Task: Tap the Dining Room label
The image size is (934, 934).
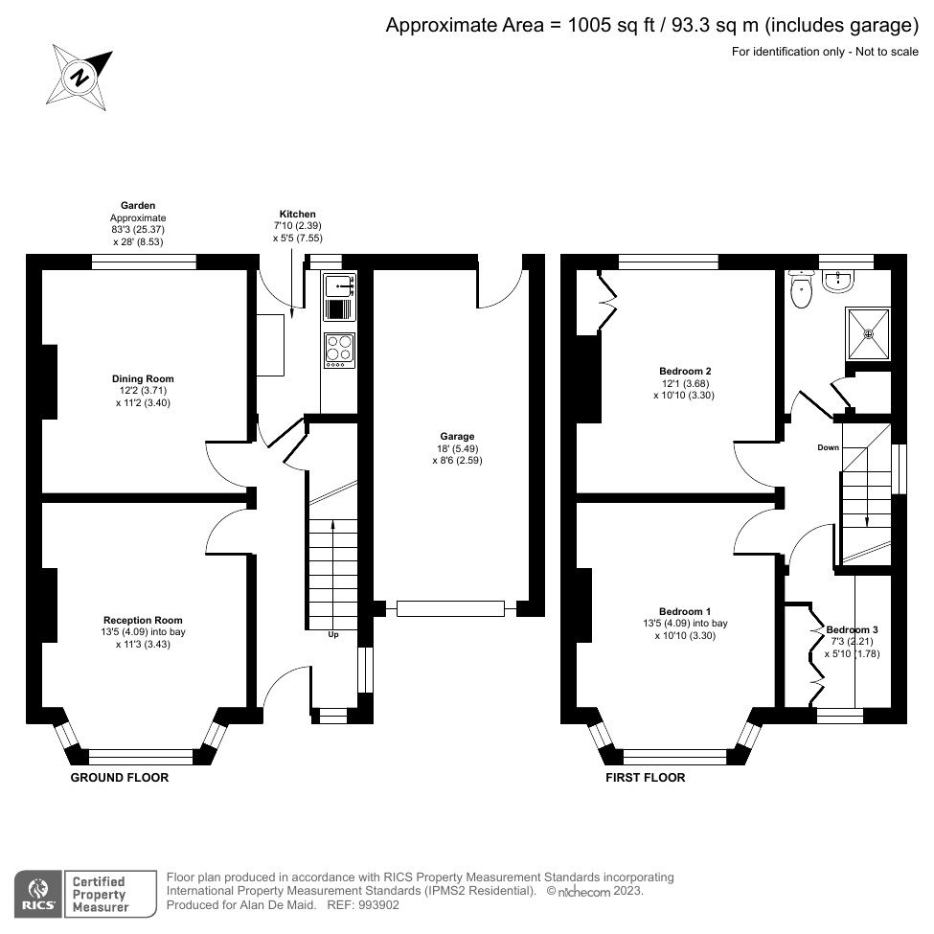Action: point(143,379)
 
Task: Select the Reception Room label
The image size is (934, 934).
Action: point(143,620)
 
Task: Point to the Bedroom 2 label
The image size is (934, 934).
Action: point(685,371)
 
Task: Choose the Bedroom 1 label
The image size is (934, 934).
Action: point(685,611)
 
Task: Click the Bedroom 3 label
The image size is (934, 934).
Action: point(852,630)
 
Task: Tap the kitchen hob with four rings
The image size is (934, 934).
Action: point(339,350)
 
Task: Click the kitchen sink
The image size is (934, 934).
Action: point(339,284)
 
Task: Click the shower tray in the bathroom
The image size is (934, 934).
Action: point(868,333)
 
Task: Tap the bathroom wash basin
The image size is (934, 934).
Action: point(846,279)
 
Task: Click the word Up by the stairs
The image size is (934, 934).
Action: point(333,635)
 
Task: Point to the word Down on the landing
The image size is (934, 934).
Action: point(829,447)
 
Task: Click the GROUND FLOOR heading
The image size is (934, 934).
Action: point(120,778)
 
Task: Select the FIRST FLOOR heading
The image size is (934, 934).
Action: point(645,778)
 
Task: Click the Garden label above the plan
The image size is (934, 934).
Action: point(138,205)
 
